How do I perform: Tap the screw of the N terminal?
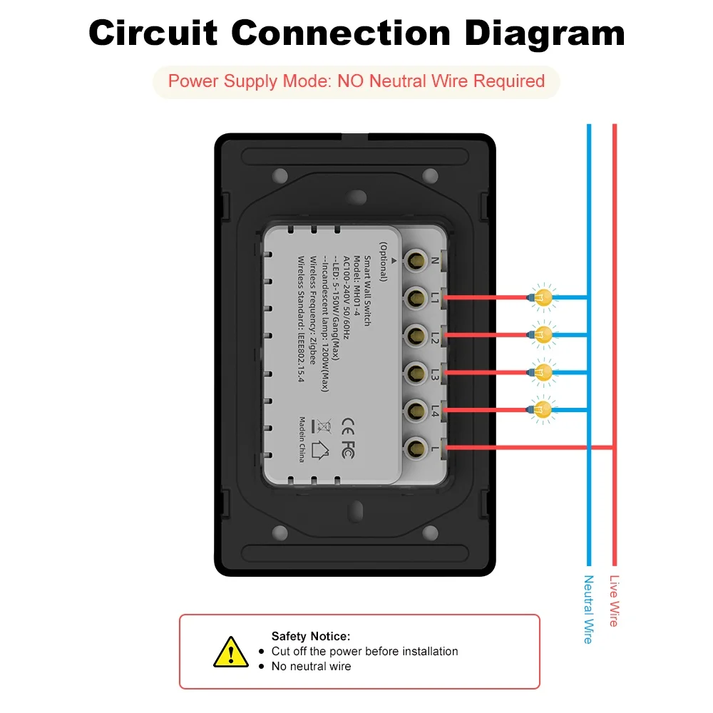click(x=413, y=261)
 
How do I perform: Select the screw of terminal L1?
click(x=413, y=297)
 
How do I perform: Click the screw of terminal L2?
click(x=413, y=334)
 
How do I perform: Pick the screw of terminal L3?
click(x=413, y=372)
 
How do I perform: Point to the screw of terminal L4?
click(x=413, y=409)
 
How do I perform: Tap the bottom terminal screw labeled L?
click(x=413, y=447)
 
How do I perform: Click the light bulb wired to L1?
click(x=543, y=297)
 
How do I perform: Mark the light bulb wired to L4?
click(x=543, y=409)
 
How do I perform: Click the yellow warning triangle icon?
click(x=231, y=652)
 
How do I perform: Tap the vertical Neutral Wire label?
click(x=588, y=609)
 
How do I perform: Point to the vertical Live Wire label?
click(x=614, y=600)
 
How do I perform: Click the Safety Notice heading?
click(x=310, y=636)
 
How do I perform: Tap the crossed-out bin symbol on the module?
click(x=324, y=427)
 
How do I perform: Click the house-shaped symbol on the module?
click(x=322, y=451)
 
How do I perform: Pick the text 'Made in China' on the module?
click(x=302, y=439)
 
